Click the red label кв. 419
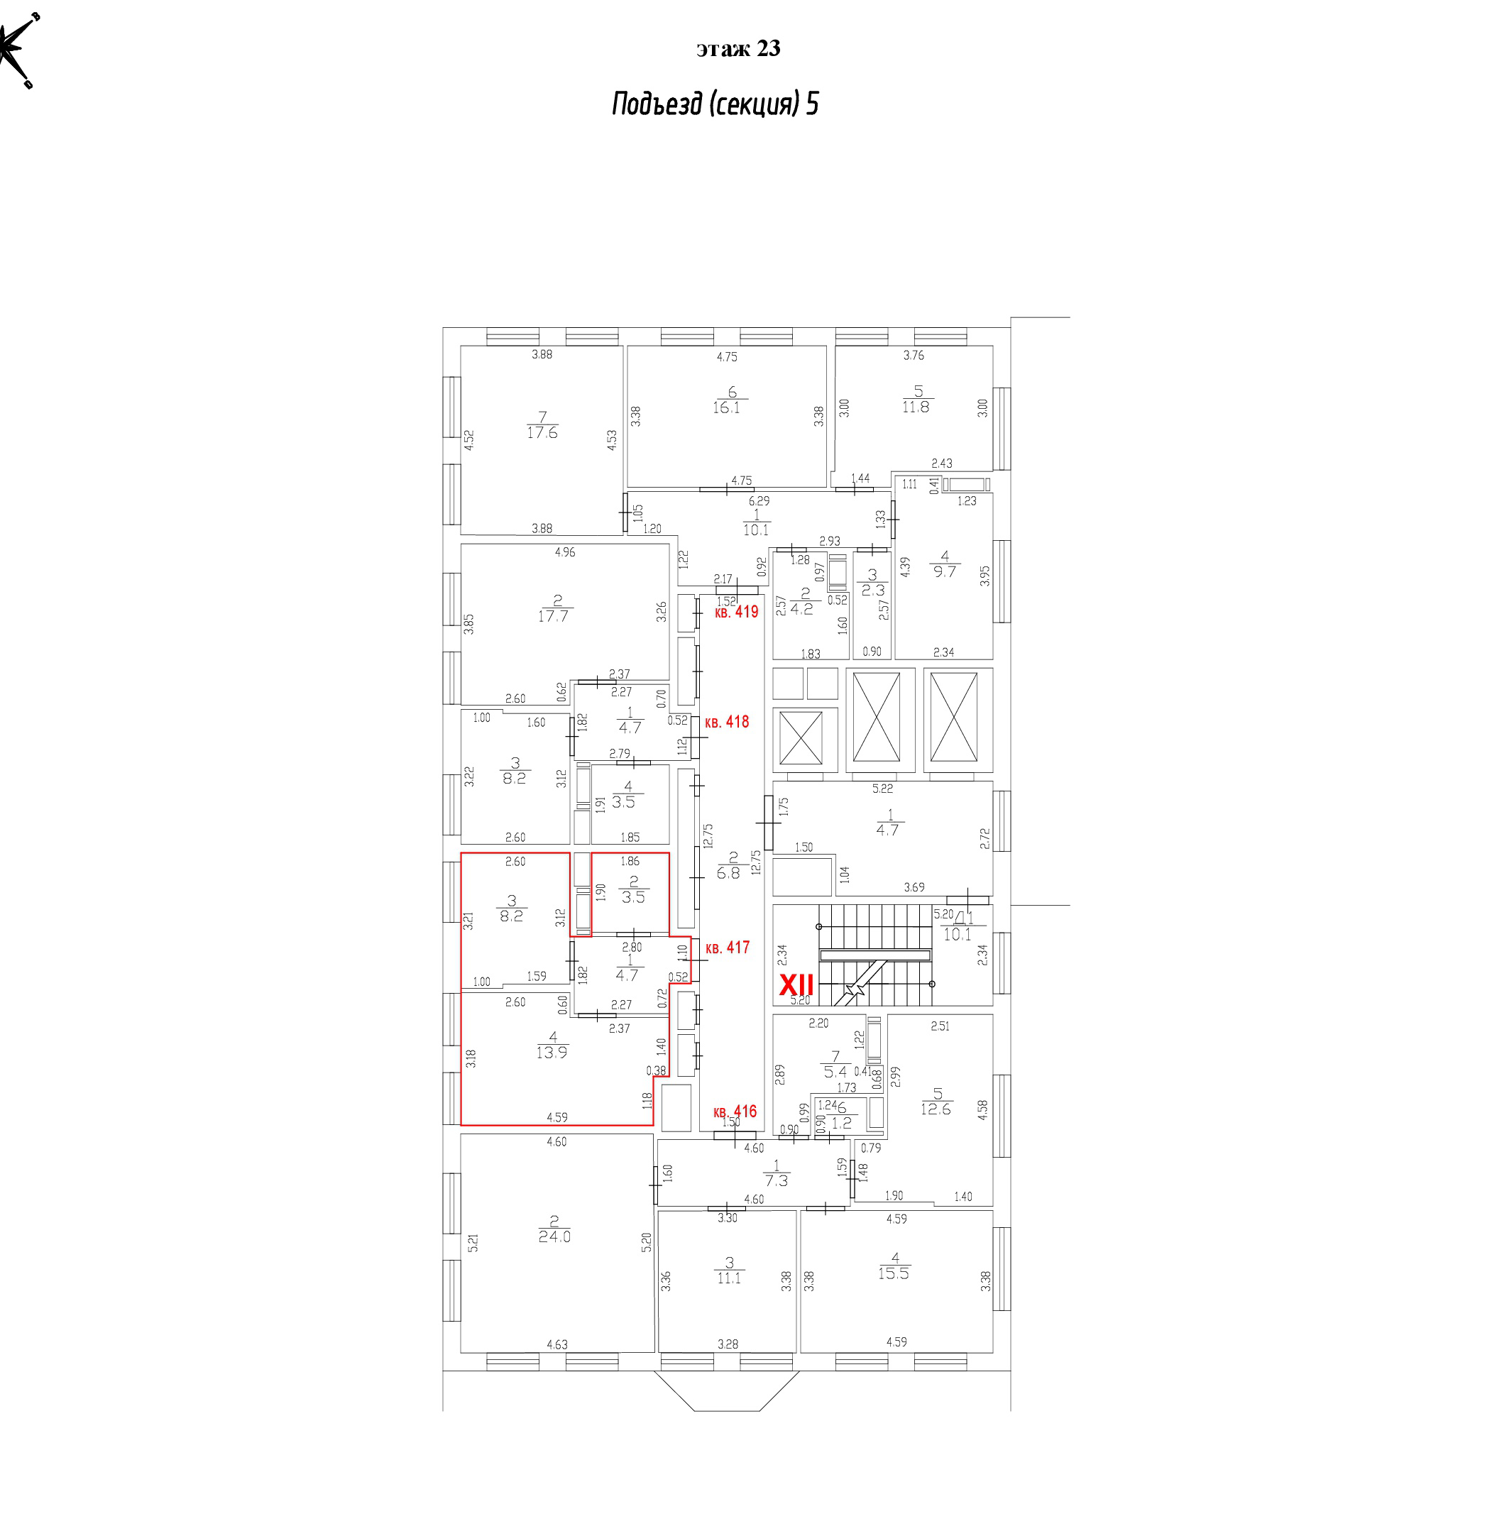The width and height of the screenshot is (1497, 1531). point(737,612)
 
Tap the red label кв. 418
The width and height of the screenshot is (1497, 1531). point(728,722)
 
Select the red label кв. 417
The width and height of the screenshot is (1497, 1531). point(728,948)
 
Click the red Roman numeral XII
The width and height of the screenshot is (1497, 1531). point(796,984)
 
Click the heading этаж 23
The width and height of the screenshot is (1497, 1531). point(738,49)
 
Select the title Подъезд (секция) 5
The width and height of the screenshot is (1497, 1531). point(715,104)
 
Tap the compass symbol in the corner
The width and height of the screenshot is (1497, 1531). point(17,49)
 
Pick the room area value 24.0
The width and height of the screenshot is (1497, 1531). point(554,1236)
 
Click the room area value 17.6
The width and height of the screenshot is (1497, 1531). point(542,432)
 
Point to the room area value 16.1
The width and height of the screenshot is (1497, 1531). point(726,407)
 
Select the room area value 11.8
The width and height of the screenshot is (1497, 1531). point(916,407)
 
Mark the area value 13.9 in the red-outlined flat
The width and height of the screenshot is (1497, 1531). point(552,1052)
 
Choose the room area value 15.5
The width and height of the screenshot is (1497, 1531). point(893,1273)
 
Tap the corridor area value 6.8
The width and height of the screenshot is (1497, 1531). point(729,873)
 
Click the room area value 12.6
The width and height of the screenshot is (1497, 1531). point(936,1109)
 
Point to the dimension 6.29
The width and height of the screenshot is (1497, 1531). point(759,501)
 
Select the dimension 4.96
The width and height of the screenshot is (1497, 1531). point(564,552)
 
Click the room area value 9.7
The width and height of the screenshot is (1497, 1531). point(944,571)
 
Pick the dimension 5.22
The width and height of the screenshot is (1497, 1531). point(882,788)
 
